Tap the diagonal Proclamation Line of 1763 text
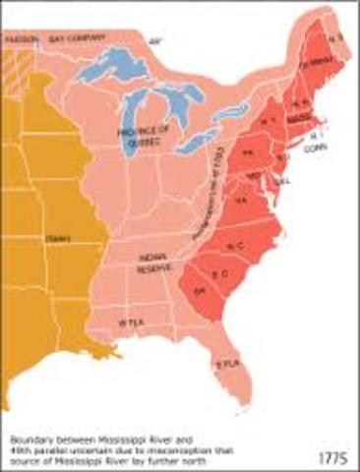tap(213, 183)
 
